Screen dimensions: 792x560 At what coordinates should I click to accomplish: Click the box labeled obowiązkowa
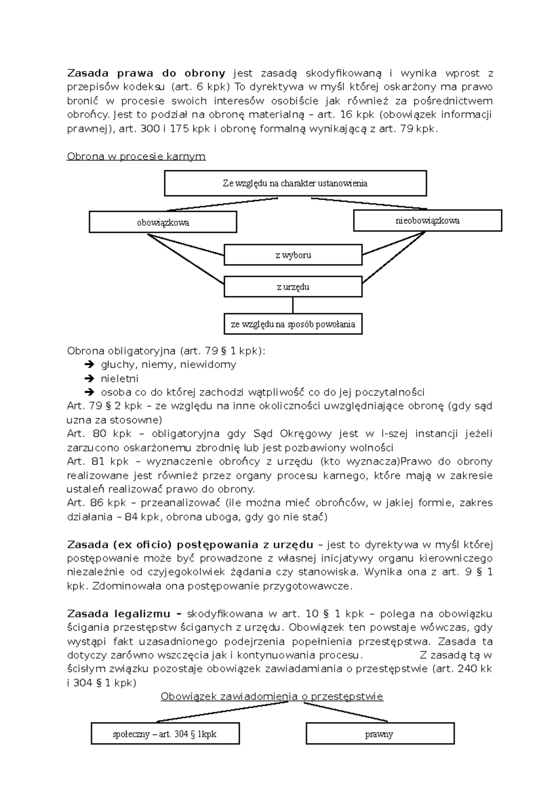point(163,222)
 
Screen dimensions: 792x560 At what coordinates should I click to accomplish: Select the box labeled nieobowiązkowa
point(427,221)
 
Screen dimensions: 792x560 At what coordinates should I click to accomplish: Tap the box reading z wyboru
point(293,255)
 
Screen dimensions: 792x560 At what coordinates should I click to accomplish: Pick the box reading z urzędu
point(293,287)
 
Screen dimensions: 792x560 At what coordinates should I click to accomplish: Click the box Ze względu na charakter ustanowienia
point(295,183)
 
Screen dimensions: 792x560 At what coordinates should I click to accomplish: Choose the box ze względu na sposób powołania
point(293,324)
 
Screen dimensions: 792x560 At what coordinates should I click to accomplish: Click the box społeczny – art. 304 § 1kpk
point(165,734)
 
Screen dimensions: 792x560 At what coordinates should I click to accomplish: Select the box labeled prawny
point(379,734)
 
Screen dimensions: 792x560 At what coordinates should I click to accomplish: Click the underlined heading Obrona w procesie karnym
point(136,156)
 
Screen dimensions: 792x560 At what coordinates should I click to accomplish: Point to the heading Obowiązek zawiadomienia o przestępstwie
point(272,696)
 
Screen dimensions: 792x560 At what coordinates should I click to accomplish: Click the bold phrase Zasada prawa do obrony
point(146,73)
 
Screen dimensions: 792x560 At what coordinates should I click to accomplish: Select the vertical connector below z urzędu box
point(293,305)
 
